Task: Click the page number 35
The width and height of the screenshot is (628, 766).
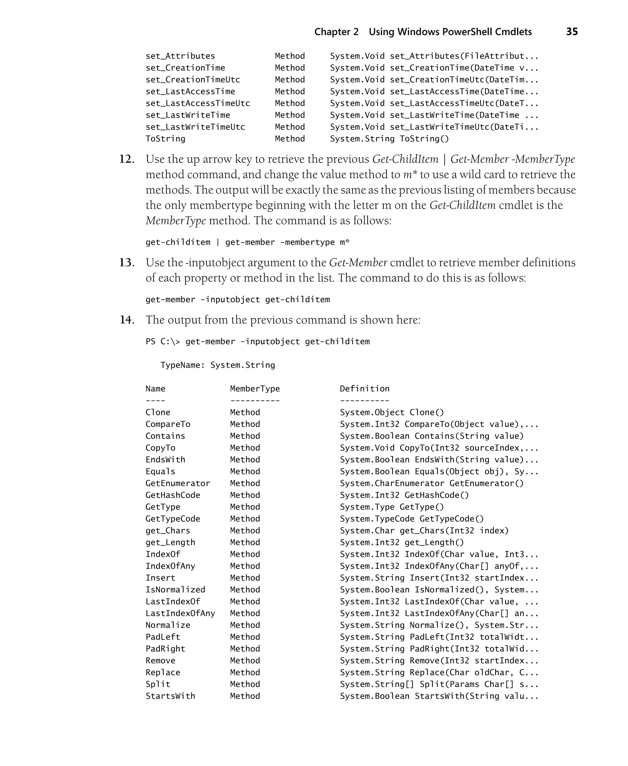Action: click(x=572, y=32)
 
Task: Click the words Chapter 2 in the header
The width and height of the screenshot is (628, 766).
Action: click(x=336, y=32)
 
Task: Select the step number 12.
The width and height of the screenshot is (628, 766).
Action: click(x=127, y=159)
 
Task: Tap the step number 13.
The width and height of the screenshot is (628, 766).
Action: click(x=127, y=262)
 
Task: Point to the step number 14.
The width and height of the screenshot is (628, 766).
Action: click(x=127, y=320)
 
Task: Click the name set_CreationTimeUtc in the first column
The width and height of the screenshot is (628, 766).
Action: click(x=193, y=79)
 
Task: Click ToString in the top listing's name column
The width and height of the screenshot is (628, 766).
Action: click(x=165, y=139)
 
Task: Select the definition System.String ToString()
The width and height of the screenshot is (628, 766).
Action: click(x=389, y=139)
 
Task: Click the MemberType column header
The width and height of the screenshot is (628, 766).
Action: click(x=255, y=389)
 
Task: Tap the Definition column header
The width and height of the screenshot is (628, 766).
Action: click(x=364, y=389)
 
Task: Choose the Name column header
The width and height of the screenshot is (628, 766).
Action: click(x=155, y=389)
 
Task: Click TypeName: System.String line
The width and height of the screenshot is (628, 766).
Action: click(x=217, y=365)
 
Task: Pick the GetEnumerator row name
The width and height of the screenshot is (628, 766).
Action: click(x=178, y=484)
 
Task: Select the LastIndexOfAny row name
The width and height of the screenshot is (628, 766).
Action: click(x=180, y=613)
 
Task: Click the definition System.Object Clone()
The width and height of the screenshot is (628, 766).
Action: click(x=392, y=413)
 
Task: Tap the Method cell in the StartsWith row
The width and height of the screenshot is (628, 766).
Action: click(x=245, y=696)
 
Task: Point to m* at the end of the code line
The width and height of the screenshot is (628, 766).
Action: click(x=344, y=242)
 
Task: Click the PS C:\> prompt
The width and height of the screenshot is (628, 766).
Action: click(x=163, y=342)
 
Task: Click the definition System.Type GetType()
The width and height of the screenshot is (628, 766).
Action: click(x=392, y=507)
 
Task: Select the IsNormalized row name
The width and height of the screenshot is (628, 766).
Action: click(x=175, y=590)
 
